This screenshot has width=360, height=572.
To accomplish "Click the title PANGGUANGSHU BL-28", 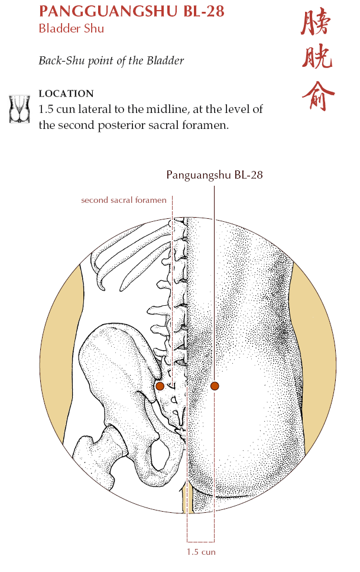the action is click(x=132, y=11).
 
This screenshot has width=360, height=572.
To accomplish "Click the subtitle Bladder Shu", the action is click(x=72, y=28).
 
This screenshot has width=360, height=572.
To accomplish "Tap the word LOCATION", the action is click(x=66, y=93).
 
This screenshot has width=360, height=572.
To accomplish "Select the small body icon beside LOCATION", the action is click(x=20, y=109).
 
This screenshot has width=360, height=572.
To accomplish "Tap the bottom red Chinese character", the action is click(x=318, y=95).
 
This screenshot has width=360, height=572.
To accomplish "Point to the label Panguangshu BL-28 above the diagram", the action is click(x=215, y=174).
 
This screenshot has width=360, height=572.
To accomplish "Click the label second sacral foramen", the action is click(x=124, y=200).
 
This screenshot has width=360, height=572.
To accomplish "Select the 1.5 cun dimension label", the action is click(x=201, y=551).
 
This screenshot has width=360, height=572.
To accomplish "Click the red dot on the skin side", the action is click(x=215, y=386).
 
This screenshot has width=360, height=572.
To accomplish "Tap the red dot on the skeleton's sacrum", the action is click(x=160, y=386).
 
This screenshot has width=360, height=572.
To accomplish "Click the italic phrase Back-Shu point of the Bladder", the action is click(x=111, y=60).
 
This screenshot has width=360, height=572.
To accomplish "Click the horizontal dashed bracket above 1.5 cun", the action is click(x=200, y=542).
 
